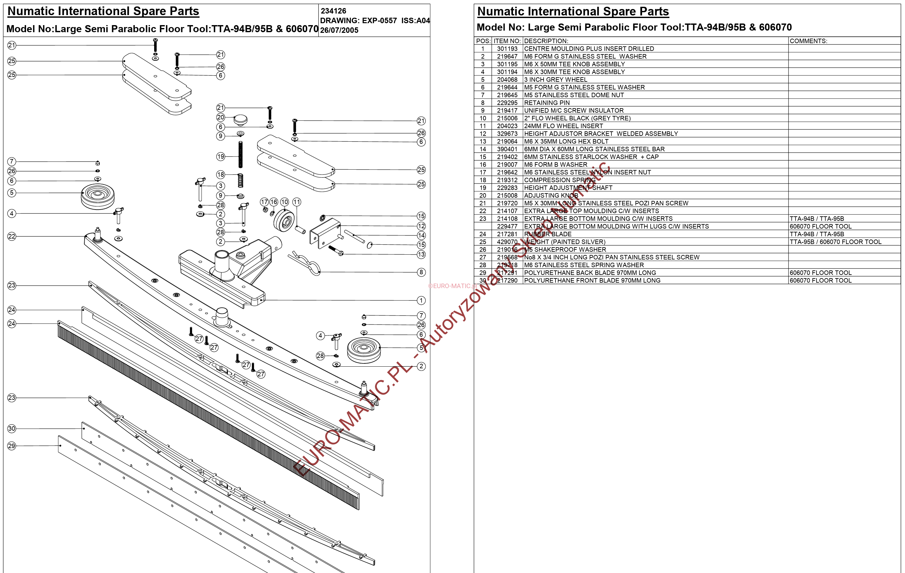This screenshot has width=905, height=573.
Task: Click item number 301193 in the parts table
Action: (x=507, y=49)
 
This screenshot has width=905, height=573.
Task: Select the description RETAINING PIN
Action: (x=547, y=103)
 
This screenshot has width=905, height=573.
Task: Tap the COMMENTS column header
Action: (x=808, y=41)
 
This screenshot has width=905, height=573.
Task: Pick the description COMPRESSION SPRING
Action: (x=560, y=180)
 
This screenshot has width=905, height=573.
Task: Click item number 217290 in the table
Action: (x=507, y=280)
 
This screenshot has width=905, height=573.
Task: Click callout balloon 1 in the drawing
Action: (x=421, y=300)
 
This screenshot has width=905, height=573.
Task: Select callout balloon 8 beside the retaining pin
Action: (x=421, y=272)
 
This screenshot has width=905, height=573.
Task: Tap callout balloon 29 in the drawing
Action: (x=12, y=446)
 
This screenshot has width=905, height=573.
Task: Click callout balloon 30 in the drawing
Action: (x=12, y=428)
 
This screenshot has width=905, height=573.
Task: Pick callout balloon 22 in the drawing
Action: (x=12, y=237)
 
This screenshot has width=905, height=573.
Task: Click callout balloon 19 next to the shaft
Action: (x=220, y=156)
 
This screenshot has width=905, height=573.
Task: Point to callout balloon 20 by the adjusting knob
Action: (x=220, y=117)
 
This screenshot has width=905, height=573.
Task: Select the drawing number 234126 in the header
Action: (x=333, y=11)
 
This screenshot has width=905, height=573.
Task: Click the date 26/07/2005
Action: (x=339, y=30)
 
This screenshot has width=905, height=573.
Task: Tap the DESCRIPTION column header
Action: (x=546, y=41)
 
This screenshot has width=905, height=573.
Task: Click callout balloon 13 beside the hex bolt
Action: (x=421, y=255)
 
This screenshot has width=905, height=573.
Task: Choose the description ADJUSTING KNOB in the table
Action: (x=551, y=195)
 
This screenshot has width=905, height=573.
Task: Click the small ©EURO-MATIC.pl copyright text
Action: (x=452, y=286)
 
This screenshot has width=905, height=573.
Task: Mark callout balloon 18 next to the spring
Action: (x=220, y=174)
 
